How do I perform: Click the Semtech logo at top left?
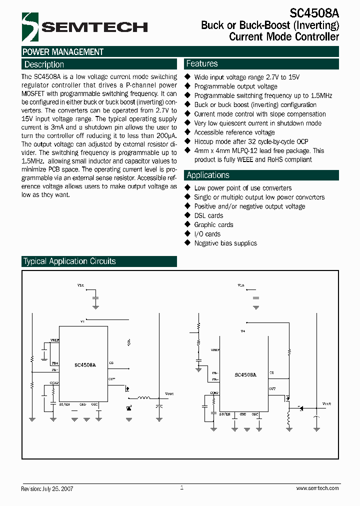coord(84,27)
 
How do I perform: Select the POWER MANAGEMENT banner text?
coord(63,52)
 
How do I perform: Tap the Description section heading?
coord(44,64)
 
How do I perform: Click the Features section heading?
coord(202,63)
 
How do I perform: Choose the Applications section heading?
coord(207,175)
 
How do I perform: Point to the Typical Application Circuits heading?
coord(69,261)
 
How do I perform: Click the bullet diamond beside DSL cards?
coord(188,215)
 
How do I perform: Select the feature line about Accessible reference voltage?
coord(234,132)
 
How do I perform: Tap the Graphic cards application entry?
coord(213,225)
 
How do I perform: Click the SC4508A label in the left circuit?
coord(85,365)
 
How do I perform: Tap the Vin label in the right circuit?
coord(241,285)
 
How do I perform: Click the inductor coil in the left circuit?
coord(144,398)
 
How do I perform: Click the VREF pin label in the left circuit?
coord(54,340)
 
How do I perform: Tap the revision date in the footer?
coord(47,488)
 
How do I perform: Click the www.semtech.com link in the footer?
coord(317,488)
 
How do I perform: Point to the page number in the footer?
coord(181,487)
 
